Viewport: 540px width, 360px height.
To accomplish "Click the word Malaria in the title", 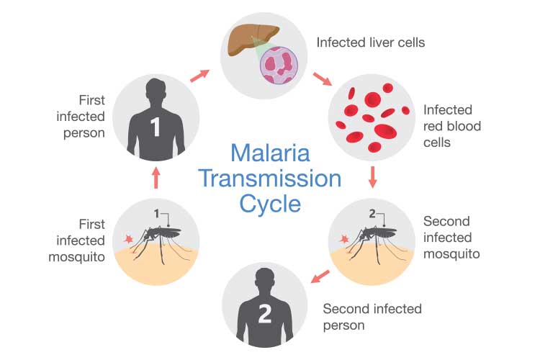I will tap(269, 153).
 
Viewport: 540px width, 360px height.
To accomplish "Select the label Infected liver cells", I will tap(371, 42).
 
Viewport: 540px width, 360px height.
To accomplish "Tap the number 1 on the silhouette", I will tap(155, 129).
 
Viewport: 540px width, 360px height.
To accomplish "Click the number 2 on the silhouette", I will tap(263, 314).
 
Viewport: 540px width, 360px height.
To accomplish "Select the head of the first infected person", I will tap(156, 91).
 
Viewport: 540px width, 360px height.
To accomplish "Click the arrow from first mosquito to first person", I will tap(156, 177).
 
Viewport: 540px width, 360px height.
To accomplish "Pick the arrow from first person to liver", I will tap(201, 72).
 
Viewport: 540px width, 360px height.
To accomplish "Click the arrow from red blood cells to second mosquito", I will tap(372, 177).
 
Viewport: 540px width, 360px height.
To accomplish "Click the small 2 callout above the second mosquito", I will tap(373, 214).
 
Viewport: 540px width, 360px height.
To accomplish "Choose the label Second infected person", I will tap(372, 317).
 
